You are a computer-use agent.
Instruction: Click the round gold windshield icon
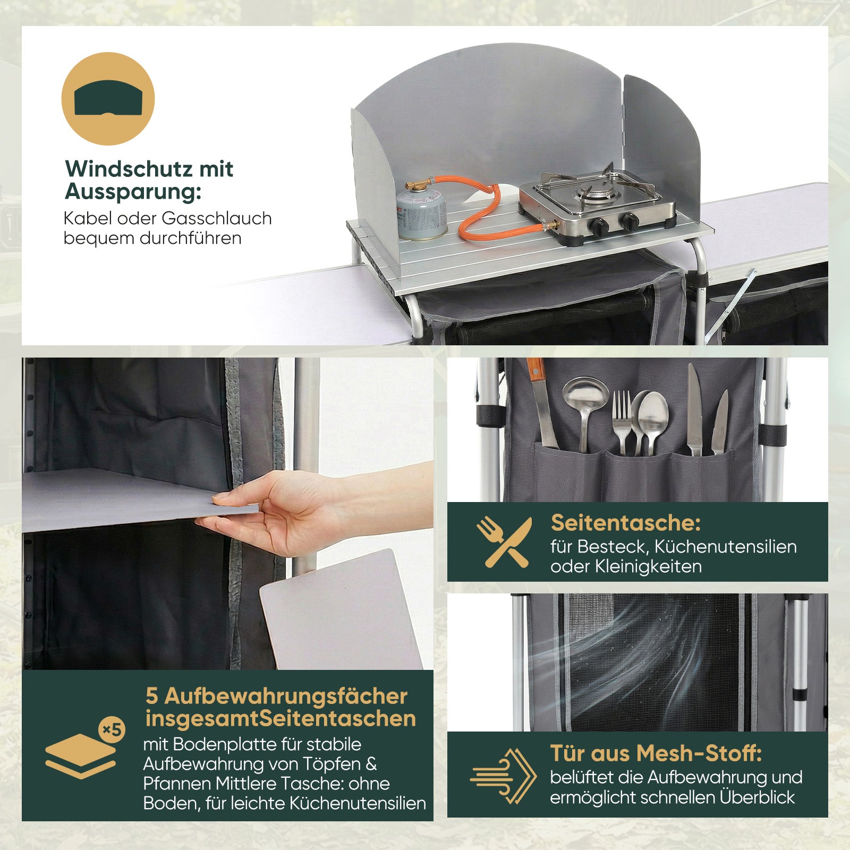108,99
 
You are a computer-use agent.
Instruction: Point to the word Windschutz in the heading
129,169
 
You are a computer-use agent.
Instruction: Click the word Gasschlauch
217,218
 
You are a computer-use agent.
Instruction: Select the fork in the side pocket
623,422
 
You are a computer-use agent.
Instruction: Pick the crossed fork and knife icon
504,541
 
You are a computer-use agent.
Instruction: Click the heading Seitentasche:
626,523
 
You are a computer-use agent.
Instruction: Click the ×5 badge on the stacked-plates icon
112,730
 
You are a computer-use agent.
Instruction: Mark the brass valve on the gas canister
418,185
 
